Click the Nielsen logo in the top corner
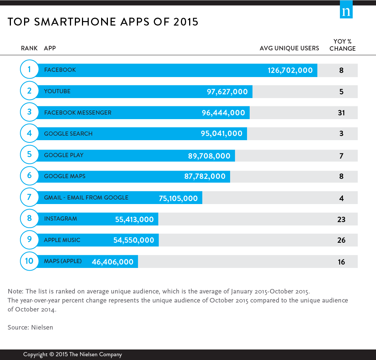[346, 11]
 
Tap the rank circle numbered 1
[29, 69]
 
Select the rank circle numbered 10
[29, 261]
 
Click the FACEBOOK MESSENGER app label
[77, 113]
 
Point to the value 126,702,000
[290, 70]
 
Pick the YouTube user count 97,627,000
[227, 92]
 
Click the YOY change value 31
[341, 113]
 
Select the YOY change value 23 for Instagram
[341, 219]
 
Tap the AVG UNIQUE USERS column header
[289, 48]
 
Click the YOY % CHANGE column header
[343, 45]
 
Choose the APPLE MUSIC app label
[62, 240]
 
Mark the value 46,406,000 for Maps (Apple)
[112, 262]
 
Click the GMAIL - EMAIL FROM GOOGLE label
[86, 198]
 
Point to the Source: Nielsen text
[30, 327]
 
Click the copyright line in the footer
[73, 354]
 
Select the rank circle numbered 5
[29, 154]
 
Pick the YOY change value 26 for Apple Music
[341, 240]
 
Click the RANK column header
[29, 48]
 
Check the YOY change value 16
[341, 262]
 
